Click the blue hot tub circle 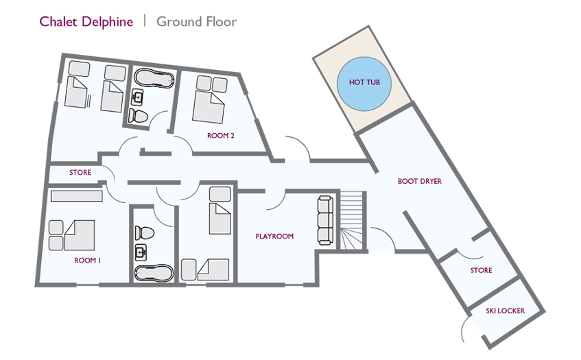pos(364,84)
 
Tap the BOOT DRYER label pos(419,181)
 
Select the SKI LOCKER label pos(505,311)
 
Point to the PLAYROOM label pos(274,237)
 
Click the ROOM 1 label pos(87,261)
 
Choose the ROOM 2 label pos(220,136)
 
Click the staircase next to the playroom pos(351,221)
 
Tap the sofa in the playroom pos(325,220)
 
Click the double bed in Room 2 pos(209,108)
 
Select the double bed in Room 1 pos(80,235)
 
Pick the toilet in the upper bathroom pos(138,116)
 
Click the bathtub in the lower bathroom pos(154,273)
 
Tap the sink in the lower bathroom pos(141,252)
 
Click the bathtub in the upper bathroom pos(154,78)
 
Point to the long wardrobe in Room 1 pos(76,196)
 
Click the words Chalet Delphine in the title pos(86,21)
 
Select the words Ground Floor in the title pos(196,21)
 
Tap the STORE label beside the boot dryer pos(481,270)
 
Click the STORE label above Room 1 pos(80,173)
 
